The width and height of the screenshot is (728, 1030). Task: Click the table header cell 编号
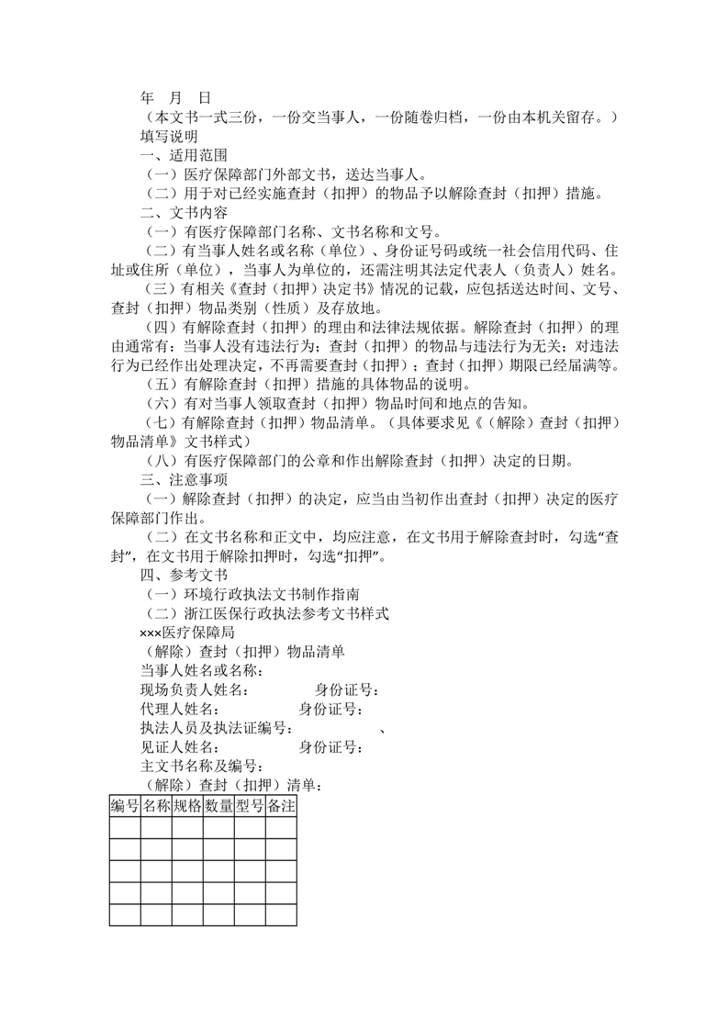point(125,806)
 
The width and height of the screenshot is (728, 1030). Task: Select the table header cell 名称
point(156,806)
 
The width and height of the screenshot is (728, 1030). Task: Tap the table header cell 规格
point(187,806)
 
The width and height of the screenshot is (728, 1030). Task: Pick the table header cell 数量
point(218,806)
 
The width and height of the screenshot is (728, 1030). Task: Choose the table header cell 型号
point(250,806)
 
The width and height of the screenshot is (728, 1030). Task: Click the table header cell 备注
point(281,806)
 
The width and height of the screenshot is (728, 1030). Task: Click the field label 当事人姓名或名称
point(201,670)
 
